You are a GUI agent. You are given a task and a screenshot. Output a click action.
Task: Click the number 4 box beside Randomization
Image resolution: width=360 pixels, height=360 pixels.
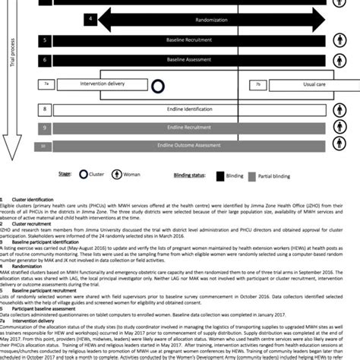tap(92, 17)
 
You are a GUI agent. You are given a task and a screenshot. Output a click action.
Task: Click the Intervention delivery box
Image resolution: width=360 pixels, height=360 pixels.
tap(89, 85)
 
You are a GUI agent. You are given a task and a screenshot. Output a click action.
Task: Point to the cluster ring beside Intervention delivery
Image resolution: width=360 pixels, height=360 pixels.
tap(158, 86)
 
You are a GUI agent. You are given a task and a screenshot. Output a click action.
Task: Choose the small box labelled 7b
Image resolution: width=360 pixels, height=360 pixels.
tap(257, 84)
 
